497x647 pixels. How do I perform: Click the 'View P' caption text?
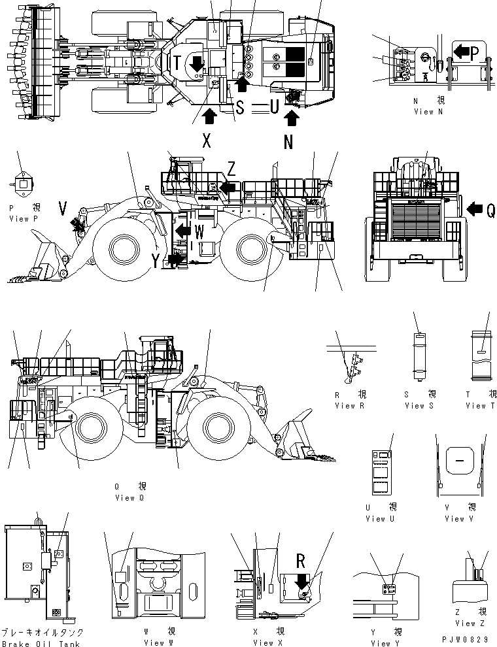tap(24, 219)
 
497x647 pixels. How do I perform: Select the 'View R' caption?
tap(344, 406)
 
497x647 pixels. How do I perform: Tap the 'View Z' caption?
tap(466, 623)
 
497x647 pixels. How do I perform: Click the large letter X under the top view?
tap(207, 141)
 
